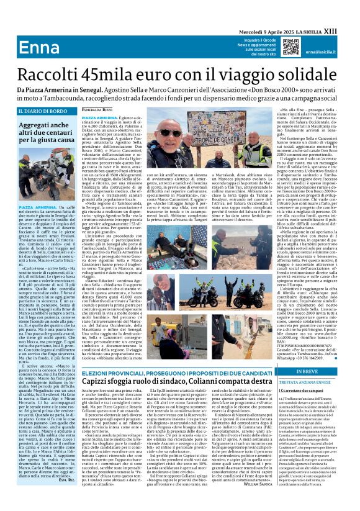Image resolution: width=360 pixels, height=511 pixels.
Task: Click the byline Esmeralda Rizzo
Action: (98, 109)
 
